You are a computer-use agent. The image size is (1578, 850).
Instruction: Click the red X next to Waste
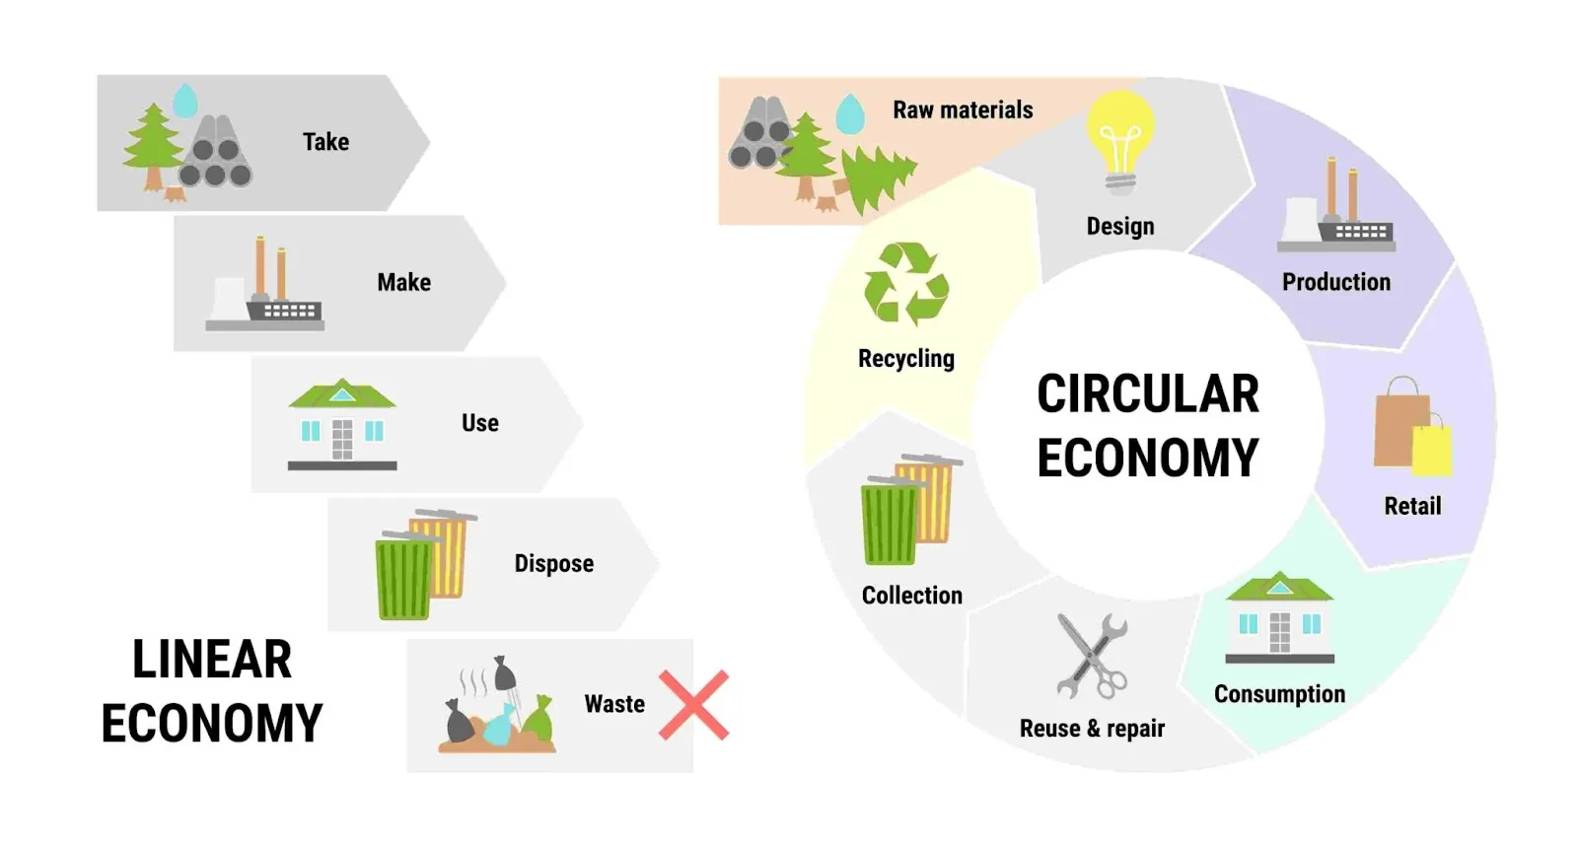pyautogui.click(x=694, y=705)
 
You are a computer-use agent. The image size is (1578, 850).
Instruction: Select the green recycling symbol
pyautogui.click(x=906, y=284)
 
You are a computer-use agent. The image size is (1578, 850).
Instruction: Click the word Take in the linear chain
pyautogui.click(x=326, y=142)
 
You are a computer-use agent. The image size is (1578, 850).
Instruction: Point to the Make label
pyautogui.click(x=403, y=282)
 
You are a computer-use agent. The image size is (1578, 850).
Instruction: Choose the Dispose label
pyautogui.click(x=553, y=563)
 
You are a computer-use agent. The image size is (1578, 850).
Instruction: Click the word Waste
pyautogui.click(x=614, y=704)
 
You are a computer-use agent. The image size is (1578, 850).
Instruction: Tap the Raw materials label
pyautogui.click(x=963, y=109)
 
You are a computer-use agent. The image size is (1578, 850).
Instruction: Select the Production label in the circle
pyautogui.click(x=1336, y=282)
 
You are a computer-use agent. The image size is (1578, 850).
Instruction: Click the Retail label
pyautogui.click(x=1412, y=506)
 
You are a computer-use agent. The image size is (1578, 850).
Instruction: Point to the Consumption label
pyautogui.click(x=1279, y=694)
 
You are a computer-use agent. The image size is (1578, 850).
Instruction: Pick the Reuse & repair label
pyautogui.click(x=1092, y=728)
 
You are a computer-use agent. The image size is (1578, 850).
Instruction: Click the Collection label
pyautogui.click(x=911, y=596)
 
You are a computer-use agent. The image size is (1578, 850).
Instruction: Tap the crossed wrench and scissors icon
pyautogui.click(x=1093, y=656)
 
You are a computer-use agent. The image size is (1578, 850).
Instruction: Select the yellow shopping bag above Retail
pyautogui.click(x=1433, y=446)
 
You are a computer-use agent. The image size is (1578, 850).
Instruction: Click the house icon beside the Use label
pyautogui.click(x=342, y=424)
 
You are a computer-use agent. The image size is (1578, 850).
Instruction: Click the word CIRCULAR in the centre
pyautogui.click(x=1148, y=394)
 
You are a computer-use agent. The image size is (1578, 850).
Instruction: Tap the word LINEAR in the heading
pyautogui.click(x=211, y=660)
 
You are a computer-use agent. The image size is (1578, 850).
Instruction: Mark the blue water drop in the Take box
pyautogui.click(x=185, y=100)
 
